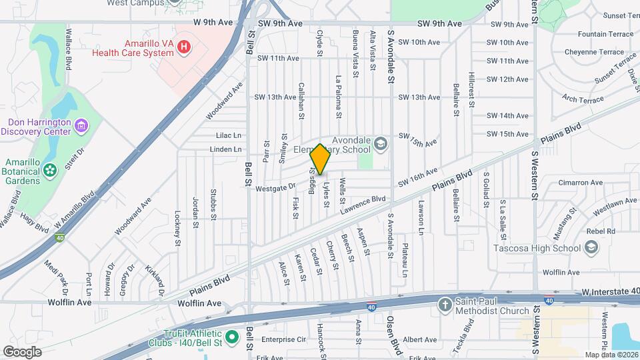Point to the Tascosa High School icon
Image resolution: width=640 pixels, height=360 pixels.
pyautogui.click(x=591, y=249)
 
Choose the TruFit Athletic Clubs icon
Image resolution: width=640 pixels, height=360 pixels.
pyautogui.click(x=232, y=338)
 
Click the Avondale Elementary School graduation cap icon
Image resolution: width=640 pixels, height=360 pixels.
pyautogui.click(x=380, y=143)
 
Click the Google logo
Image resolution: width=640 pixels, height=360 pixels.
pyautogui.click(x=22, y=351)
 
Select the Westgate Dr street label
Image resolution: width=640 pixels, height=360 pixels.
pyautogui.click(x=275, y=189)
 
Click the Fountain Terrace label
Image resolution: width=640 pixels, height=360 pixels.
pyautogui.click(x=605, y=34)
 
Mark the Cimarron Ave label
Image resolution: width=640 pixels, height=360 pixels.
pyautogui.click(x=580, y=183)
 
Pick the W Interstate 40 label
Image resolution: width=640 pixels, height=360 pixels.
pyautogui.click(x=610, y=291)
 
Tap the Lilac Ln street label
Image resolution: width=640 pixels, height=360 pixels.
pyautogui.click(x=228, y=135)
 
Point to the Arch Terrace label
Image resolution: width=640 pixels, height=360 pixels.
pyautogui.click(x=583, y=99)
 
